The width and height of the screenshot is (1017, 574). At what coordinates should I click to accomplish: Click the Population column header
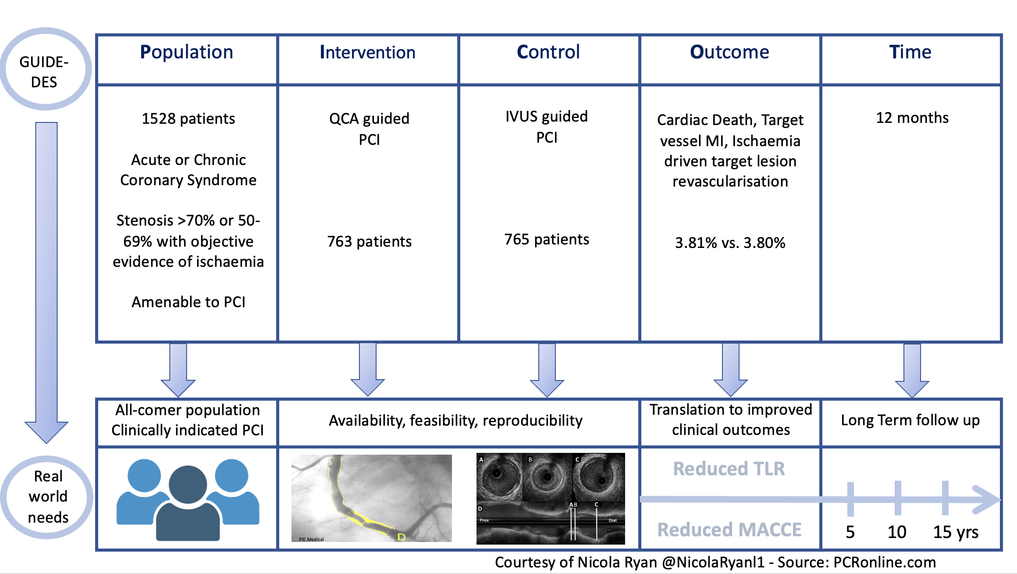(186, 52)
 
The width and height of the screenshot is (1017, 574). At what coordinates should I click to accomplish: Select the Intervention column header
(367, 52)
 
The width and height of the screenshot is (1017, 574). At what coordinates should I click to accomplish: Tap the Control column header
(548, 52)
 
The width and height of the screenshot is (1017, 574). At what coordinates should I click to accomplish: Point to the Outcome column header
(729, 52)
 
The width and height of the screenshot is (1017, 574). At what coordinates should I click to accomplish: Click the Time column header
(910, 52)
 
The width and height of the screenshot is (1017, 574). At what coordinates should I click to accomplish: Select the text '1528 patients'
(188, 118)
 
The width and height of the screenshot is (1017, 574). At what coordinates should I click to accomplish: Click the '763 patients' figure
(369, 241)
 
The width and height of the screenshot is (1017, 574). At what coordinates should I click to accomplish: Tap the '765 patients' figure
(547, 239)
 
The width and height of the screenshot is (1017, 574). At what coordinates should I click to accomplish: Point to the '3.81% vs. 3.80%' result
(730, 243)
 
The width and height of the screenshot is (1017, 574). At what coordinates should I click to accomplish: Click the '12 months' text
(912, 118)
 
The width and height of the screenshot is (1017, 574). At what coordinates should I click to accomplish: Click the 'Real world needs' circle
(48, 497)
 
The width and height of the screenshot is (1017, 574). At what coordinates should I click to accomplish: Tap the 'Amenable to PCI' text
(188, 302)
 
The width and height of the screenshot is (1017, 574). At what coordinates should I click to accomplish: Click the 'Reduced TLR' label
(729, 469)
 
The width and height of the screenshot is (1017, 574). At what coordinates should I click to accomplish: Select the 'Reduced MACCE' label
(729, 530)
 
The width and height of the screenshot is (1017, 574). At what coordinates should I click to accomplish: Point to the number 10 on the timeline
(897, 532)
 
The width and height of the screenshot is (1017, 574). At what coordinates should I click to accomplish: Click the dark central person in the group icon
(188, 502)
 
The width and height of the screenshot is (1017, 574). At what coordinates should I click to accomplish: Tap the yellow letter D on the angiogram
(401, 537)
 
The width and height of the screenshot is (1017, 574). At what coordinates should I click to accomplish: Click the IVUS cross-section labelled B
(547, 477)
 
